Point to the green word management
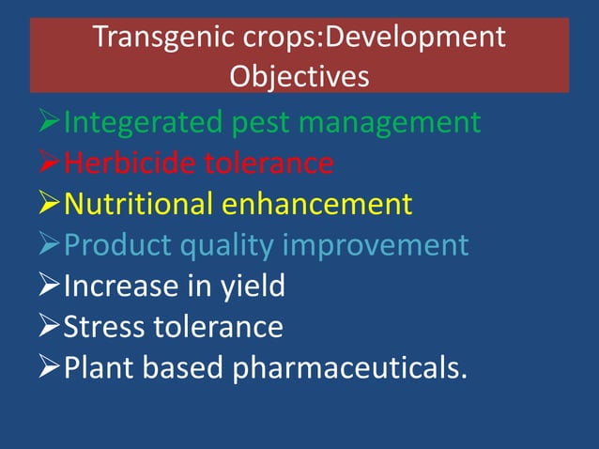point(404,124)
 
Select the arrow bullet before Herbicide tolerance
point(44,164)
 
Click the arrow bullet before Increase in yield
point(44,286)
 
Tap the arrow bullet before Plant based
point(44,368)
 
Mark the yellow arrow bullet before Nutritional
point(44,205)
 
